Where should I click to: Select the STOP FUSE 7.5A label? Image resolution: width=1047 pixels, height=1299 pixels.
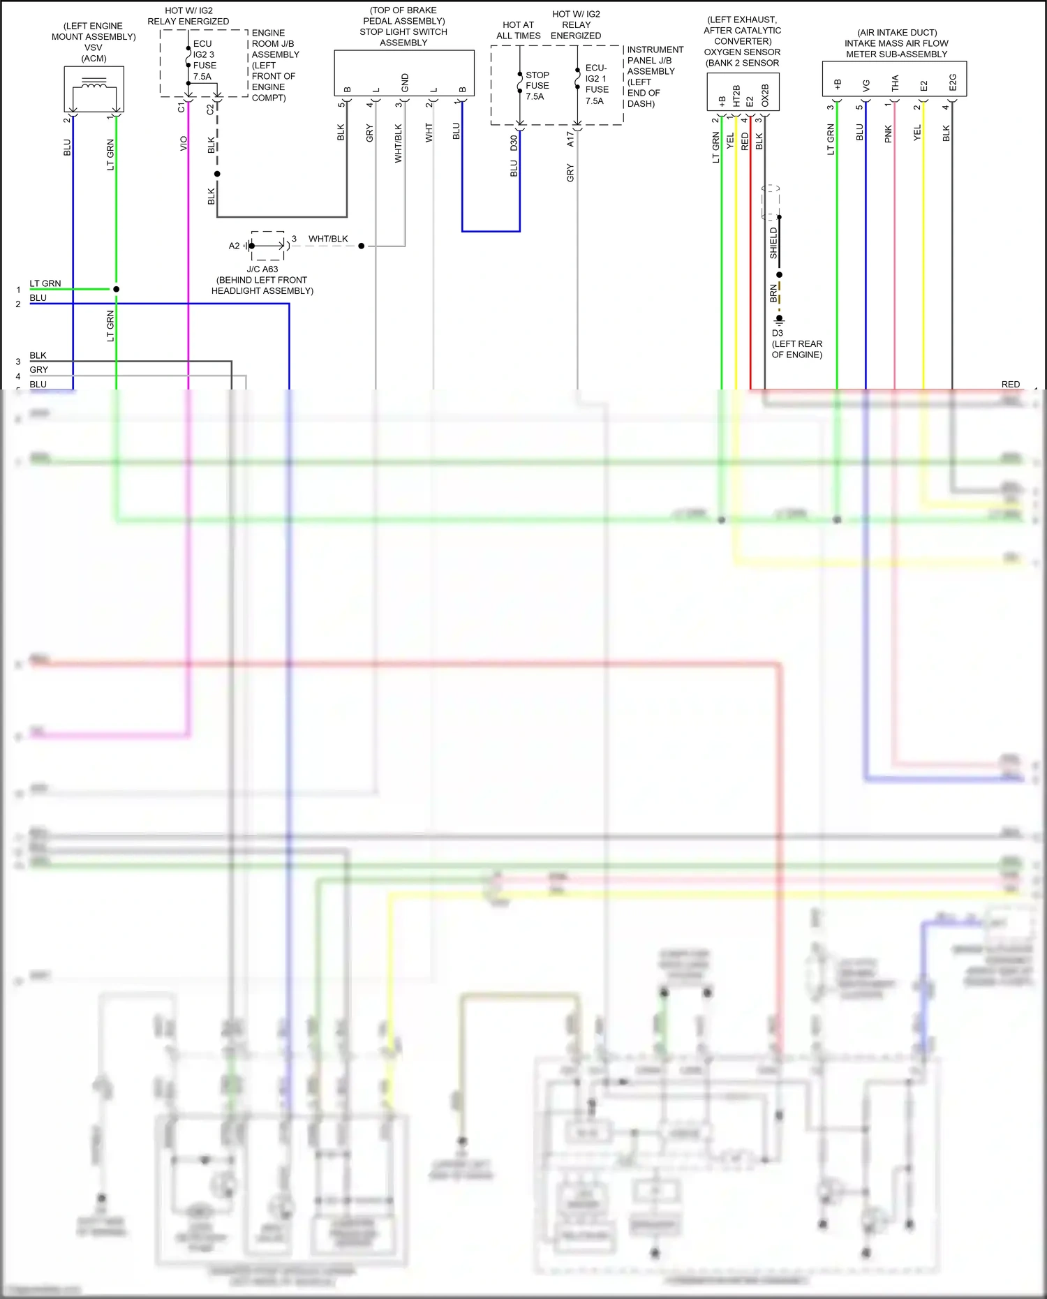pos(537,86)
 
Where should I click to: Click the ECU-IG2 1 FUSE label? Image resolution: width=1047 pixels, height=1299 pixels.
pos(596,84)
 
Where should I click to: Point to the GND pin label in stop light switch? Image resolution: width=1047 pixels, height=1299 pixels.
pos(405,82)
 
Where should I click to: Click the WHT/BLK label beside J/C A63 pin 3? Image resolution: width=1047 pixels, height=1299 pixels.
pos(328,239)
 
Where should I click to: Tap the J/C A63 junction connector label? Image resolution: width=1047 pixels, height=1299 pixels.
pos(262,269)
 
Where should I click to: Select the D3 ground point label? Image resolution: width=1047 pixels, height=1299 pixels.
pos(777,333)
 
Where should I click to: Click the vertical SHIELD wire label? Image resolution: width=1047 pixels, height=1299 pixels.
pos(773,243)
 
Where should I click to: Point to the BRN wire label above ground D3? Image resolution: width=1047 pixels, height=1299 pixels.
pos(773,293)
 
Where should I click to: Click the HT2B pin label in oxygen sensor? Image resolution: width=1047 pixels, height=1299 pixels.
pos(736,96)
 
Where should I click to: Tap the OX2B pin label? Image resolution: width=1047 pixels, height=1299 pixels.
pos(765,96)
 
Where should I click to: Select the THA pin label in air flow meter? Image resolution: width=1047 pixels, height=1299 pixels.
pos(895,84)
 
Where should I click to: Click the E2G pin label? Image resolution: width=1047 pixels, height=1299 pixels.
pos(953,83)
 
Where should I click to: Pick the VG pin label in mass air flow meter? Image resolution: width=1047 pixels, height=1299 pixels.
pos(866,85)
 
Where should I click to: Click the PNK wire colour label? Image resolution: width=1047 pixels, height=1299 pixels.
pos(888,134)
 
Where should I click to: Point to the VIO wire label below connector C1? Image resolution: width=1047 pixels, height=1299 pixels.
pos(184,143)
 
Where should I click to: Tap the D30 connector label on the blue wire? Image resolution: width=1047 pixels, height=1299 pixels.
pos(514,143)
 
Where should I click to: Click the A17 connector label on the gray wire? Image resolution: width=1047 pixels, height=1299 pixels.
pos(570,139)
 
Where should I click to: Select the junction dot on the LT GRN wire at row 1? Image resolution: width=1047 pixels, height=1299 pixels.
pos(117,289)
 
